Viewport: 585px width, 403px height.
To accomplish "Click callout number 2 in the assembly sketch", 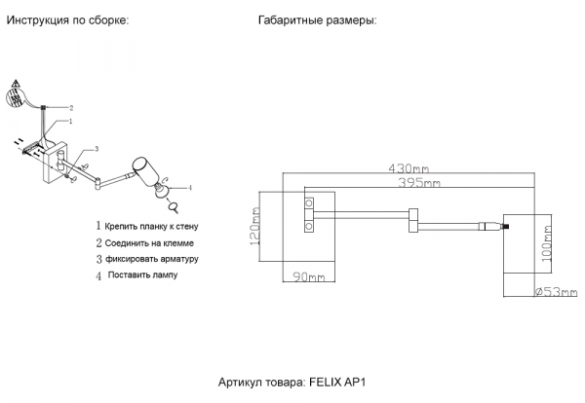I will coord(70,108).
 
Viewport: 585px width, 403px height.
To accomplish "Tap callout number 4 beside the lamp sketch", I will coord(190,187).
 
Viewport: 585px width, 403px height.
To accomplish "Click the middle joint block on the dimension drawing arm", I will coord(413,220).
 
